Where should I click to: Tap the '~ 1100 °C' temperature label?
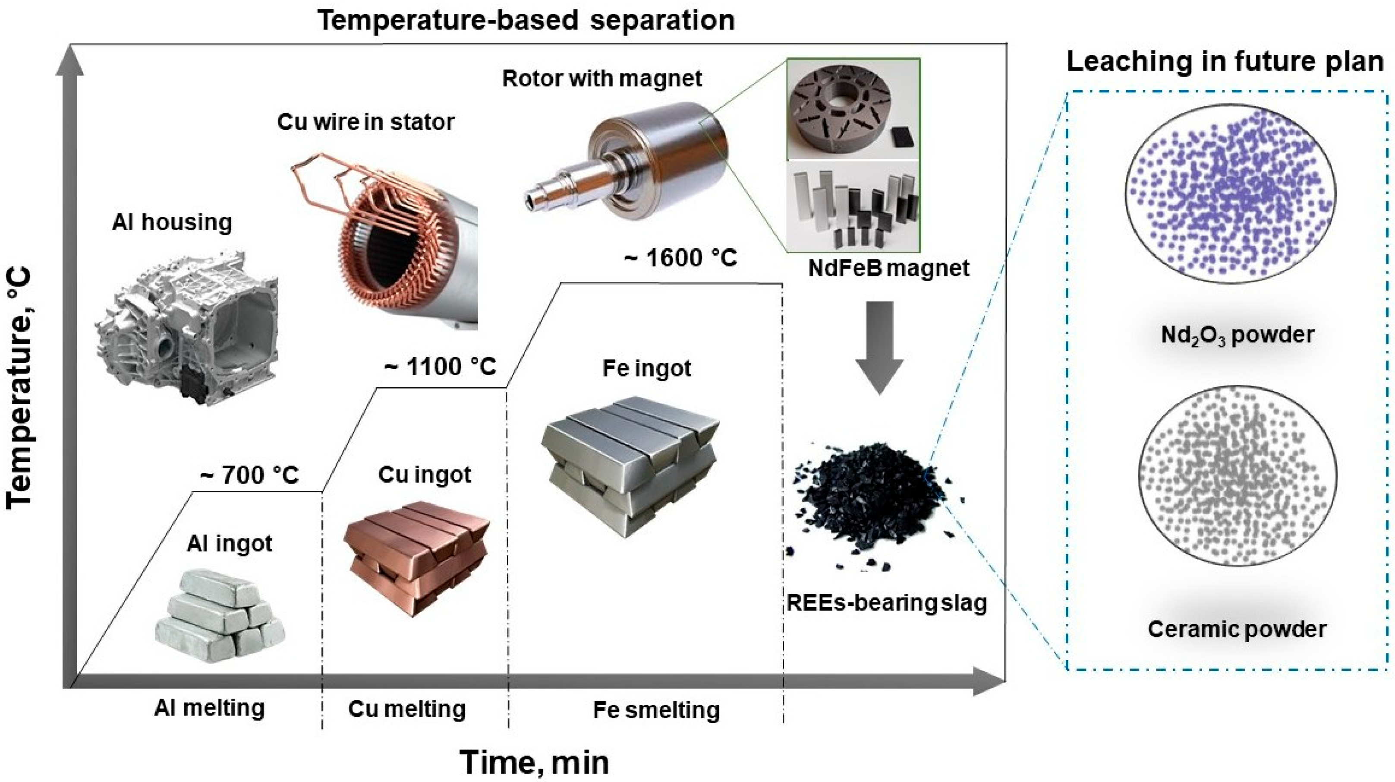point(440,367)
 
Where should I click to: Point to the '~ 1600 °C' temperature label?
point(681,257)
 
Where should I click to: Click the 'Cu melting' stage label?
point(407,709)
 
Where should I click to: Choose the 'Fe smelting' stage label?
point(656,710)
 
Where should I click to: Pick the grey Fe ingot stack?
point(631,466)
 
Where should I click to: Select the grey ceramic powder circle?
point(1238,476)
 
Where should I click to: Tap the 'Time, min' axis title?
point(535,763)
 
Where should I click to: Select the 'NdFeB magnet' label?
point(888,268)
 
